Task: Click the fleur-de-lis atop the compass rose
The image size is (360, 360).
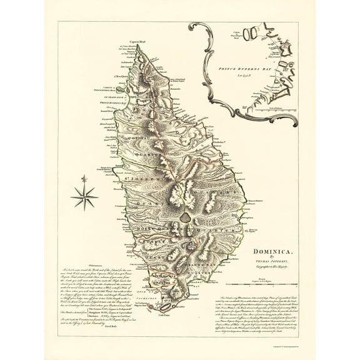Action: [x=84, y=182]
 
